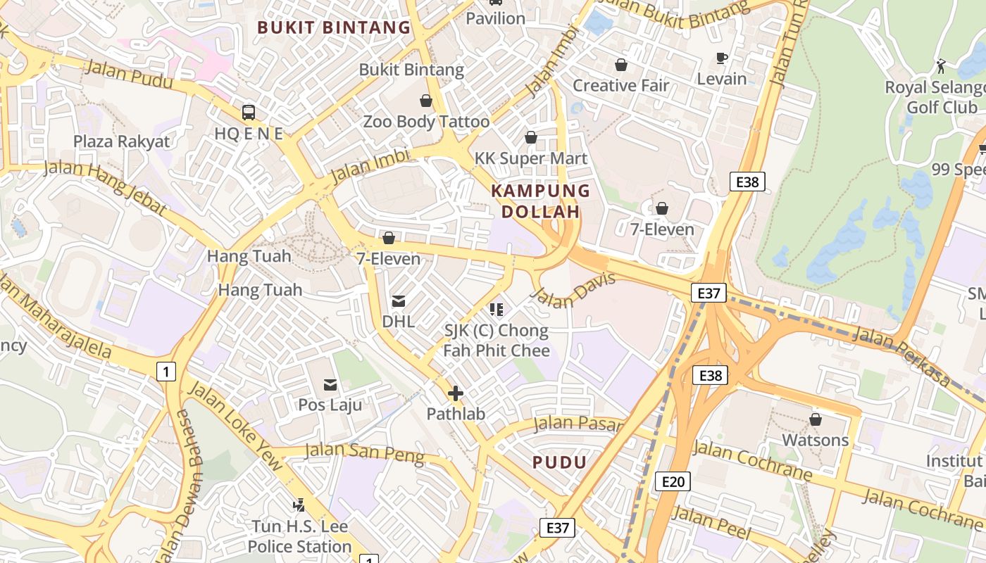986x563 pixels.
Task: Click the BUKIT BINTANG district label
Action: click(x=333, y=27)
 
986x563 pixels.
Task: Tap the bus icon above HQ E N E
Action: click(x=249, y=112)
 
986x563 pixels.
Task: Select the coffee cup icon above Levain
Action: click(x=721, y=58)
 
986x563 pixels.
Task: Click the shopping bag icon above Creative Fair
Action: click(x=621, y=65)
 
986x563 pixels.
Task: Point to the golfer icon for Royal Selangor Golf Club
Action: click(x=941, y=66)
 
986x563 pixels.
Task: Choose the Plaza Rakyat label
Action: click(x=122, y=141)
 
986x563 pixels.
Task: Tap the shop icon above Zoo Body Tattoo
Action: click(x=426, y=101)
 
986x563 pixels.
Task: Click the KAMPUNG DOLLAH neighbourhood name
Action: click(x=540, y=201)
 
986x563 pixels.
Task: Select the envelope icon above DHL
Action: click(x=399, y=301)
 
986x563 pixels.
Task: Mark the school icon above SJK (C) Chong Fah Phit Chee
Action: click(x=497, y=309)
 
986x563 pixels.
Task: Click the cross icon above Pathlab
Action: click(x=456, y=393)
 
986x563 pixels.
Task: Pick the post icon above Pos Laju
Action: click(x=330, y=384)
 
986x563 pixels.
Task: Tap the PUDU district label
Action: click(x=559, y=462)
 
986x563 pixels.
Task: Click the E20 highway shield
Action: click(x=673, y=481)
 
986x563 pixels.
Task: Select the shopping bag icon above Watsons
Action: click(x=816, y=419)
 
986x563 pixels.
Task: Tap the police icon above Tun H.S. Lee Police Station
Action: click(x=299, y=505)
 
